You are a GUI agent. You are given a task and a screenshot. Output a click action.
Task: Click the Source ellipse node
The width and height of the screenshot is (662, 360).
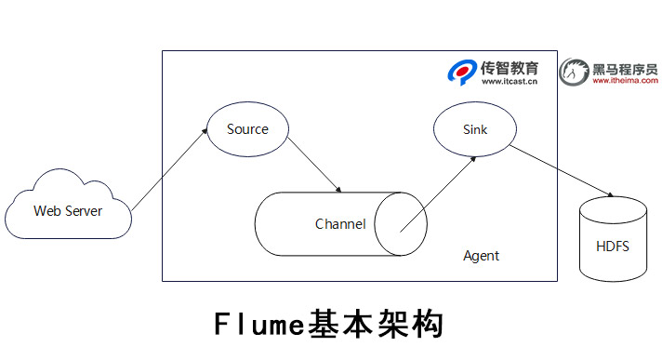tap(246, 129)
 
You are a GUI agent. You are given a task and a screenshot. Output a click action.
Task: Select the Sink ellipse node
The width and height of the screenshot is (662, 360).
tap(474, 129)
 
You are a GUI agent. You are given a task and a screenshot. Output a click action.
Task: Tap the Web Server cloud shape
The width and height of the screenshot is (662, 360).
tap(68, 211)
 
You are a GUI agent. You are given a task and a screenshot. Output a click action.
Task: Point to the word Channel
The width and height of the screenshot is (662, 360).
tap(340, 224)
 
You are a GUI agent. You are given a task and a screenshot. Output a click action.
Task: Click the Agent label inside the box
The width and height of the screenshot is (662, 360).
tap(481, 256)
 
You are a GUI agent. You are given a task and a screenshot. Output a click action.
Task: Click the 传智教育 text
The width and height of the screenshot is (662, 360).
tap(510, 67)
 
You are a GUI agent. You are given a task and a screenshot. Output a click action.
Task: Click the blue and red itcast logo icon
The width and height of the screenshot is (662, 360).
tap(462, 73)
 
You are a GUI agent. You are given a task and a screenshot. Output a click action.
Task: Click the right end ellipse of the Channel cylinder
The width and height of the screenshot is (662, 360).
tap(401, 224)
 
